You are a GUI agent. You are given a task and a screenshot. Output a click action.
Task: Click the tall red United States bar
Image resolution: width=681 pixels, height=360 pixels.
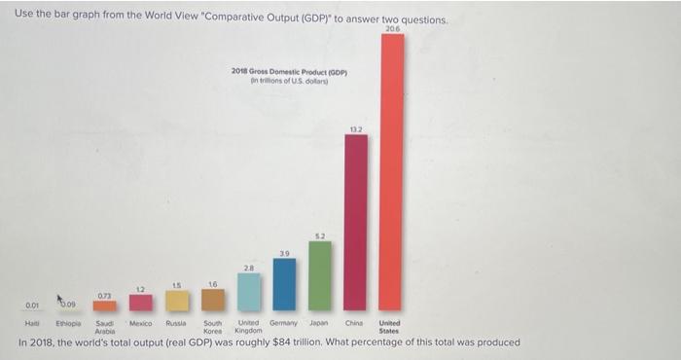click(x=391, y=170)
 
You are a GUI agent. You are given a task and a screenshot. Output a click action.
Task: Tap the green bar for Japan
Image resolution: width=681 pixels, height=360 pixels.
click(x=320, y=275)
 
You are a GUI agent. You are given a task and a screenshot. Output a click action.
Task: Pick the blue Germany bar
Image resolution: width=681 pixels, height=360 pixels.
click(x=284, y=284)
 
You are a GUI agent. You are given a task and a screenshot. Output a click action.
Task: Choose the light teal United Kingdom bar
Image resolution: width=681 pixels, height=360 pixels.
click(x=249, y=291)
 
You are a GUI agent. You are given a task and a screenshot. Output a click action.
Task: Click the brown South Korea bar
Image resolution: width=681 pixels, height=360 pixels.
click(x=213, y=300)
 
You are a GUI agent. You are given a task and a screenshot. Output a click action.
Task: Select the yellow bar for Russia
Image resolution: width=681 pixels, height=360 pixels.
click(x=177, y=301)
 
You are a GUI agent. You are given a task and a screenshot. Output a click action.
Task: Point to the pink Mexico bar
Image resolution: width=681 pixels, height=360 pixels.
click(x=141, y=303)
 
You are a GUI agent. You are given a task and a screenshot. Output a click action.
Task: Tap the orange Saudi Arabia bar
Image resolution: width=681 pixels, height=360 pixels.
click(x=105, y=306)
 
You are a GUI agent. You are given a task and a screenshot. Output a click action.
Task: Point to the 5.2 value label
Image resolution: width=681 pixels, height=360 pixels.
click(x=320, y=235)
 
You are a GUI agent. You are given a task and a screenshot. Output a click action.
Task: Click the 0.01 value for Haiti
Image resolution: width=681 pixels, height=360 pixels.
click(x=33, y=304)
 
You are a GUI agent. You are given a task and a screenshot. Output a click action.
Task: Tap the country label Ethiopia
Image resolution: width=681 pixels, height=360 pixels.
click(x=68, y=322)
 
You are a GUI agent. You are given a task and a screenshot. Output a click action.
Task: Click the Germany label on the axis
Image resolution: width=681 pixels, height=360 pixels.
click(x=284, y=322)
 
